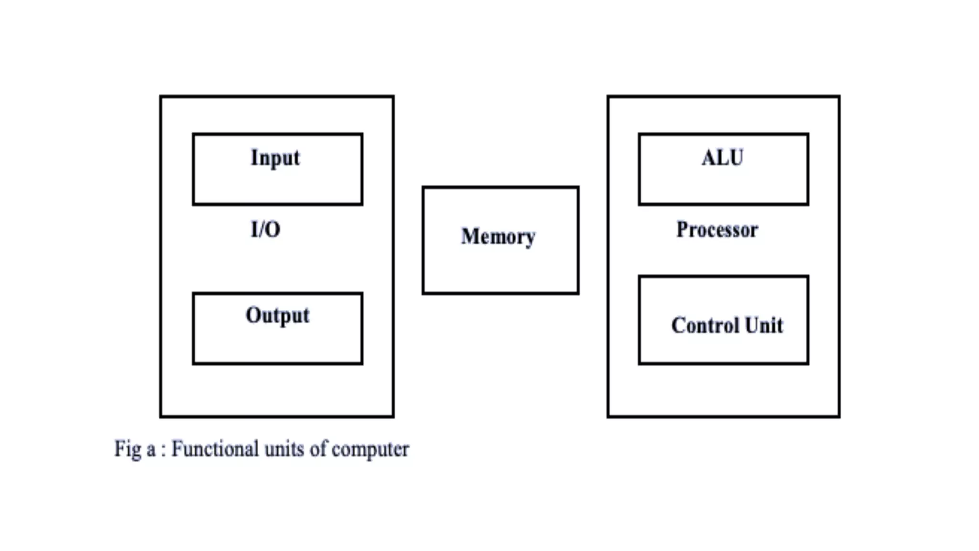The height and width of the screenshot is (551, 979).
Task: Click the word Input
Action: pos(275,158)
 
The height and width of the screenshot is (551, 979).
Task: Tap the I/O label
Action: pos(265,230)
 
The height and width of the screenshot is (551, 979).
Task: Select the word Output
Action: pos(277,316)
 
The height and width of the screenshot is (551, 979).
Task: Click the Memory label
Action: pos(498,237)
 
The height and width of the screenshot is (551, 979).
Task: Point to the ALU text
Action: pos(722,158)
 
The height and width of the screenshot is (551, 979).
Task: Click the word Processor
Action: pos(717,230)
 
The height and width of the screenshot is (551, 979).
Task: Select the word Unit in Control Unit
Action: pos(764,326)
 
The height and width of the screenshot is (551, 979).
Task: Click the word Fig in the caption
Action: pos(127,449)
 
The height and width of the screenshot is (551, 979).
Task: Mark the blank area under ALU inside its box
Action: pos(723,187)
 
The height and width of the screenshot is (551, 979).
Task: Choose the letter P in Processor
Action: pos(682,230)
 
